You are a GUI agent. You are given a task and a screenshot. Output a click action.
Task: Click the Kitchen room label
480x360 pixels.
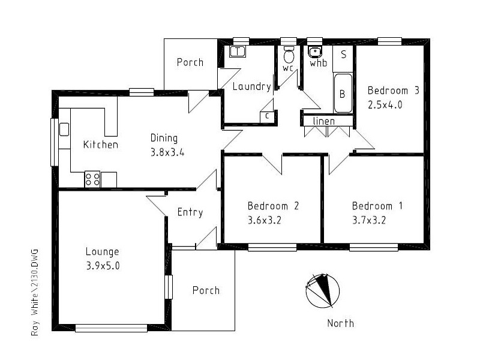pos(100,145)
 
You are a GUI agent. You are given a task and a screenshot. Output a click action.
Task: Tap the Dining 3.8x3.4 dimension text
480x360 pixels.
pos(167,152)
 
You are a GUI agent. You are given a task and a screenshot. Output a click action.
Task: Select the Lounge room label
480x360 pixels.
pos(102,251)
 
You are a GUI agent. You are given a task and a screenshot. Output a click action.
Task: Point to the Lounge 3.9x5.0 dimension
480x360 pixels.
pos(102,265)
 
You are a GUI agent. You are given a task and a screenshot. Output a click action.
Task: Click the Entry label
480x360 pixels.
pos(190,212)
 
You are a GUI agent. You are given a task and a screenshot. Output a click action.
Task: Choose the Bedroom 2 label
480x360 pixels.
pos(273,206)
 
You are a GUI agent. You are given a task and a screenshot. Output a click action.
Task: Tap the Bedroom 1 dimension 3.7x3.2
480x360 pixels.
pos(368,220)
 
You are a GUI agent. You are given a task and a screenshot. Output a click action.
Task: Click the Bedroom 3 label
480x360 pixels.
pos(393,91)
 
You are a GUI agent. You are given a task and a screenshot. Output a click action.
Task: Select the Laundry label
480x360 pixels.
pos(251,86)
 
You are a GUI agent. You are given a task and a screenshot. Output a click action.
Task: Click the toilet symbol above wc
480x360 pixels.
pos(289,55)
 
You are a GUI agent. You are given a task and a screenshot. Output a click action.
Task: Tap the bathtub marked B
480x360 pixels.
pos(343,94)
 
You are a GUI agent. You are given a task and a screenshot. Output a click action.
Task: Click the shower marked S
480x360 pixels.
pos(343,55)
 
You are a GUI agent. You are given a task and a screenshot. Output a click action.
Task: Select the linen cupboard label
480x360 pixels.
pos(324,122)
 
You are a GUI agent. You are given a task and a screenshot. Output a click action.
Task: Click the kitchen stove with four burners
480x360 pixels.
pos(92,179)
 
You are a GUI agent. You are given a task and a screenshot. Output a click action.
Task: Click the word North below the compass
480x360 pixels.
pos(340,323)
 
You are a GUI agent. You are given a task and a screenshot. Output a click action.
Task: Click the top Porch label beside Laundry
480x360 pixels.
pos(190,62)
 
